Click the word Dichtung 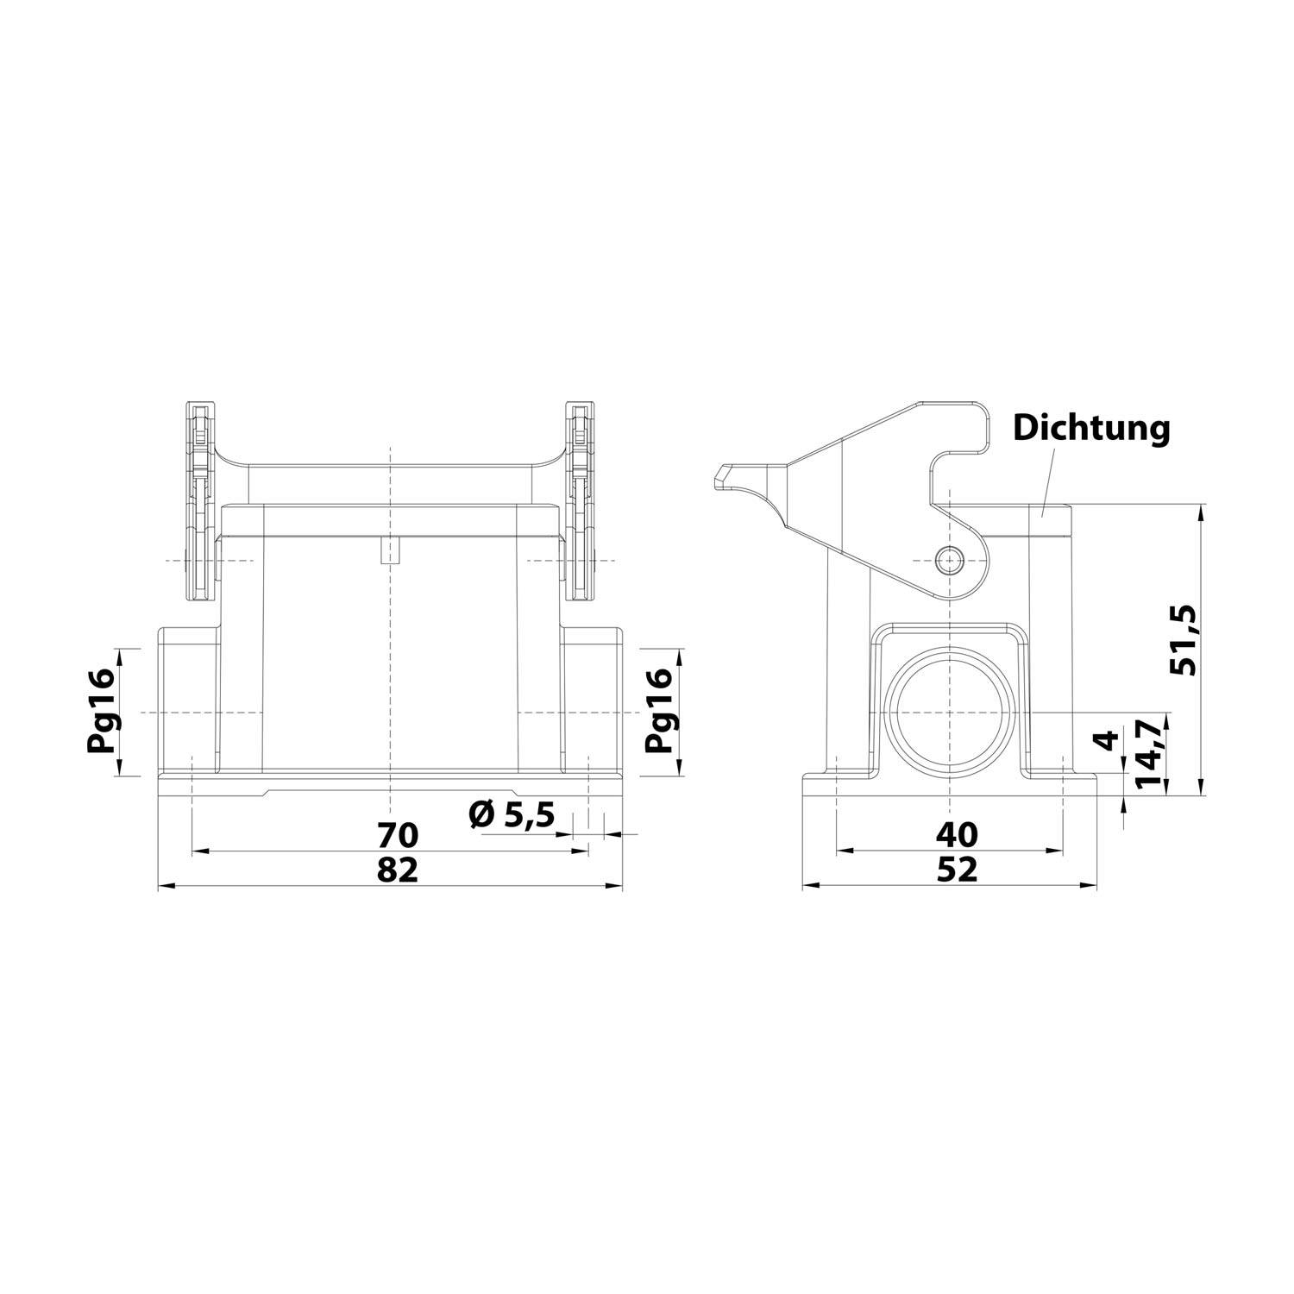pyautogui.click(x=1091, y=427)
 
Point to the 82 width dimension pyautogui.click(x=398, y=870)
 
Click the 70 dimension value pyautogui.click(x=398, y=835)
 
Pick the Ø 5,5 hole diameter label pyautogui.click(x=512, y=813)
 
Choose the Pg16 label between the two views pyautogui.click(x=660, y=711)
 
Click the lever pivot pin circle pyautogui.click(x=950, y=560)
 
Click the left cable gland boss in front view pyautogui.click(x=188, y=700)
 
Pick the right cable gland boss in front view pyautogui.click(x=592, y=700)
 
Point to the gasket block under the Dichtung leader pyautogui.click(x=1050, y=521)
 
